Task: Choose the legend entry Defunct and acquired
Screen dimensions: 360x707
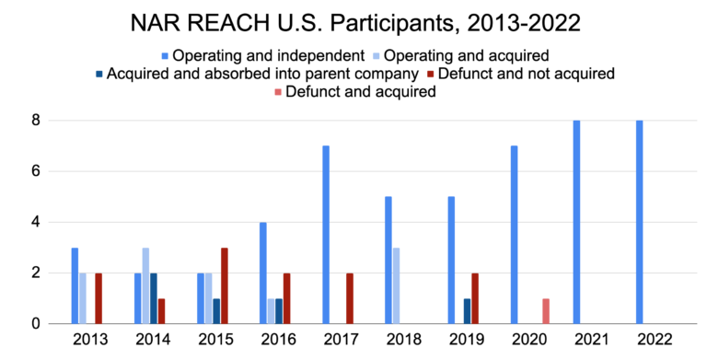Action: pos(359,92)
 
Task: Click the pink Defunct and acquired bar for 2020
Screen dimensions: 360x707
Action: pos(547,310)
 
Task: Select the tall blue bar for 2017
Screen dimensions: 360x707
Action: pos(326,234)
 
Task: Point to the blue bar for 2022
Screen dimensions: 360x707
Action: pos(639,222)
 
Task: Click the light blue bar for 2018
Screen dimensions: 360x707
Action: pos(396,285)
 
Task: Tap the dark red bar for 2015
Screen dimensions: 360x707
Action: pos(224,285)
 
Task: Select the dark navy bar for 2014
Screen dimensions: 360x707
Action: pos(154,298)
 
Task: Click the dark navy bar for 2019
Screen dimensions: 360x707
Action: pos(468,311)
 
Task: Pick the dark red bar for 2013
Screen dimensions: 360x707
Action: pos(99,298)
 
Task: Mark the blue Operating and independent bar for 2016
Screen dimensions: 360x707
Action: pos(263,273)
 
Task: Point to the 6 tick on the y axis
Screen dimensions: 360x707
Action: pos(36,171)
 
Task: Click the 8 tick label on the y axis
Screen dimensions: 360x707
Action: pos(36,121)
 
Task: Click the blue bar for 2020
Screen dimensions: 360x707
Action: pos(514,234)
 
